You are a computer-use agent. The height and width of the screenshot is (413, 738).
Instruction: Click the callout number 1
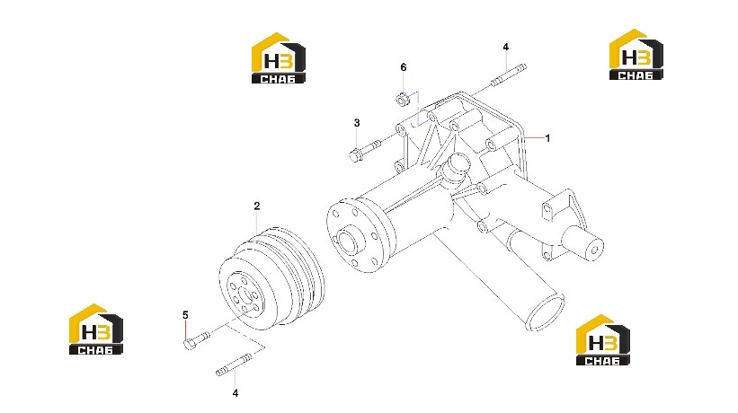[547, 138]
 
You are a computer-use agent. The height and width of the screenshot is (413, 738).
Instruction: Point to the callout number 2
[256, 206]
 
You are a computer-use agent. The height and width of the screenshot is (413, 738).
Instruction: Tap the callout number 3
[357, 123]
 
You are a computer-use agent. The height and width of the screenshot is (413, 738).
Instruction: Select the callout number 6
[404, 67]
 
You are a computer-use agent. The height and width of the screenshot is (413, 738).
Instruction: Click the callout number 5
[185, 315]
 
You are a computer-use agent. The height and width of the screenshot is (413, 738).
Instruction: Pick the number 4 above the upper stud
[505, 47]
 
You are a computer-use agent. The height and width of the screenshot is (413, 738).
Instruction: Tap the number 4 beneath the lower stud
[236, 393]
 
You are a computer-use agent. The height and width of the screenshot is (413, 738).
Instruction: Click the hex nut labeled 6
[402, 100]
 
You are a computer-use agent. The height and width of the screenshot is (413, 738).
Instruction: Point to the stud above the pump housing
[508, 75]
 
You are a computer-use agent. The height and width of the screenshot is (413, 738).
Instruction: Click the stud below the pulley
[234, 365]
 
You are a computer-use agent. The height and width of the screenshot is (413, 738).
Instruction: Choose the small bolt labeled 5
[196, 339]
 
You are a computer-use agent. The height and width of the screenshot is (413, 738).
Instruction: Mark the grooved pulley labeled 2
[272, 278]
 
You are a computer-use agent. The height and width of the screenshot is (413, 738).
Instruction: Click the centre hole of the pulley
[245, 295]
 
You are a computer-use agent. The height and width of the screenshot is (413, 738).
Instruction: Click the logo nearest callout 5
[96, 329]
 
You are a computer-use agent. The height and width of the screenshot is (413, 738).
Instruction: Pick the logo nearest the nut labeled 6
[279, 58]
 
